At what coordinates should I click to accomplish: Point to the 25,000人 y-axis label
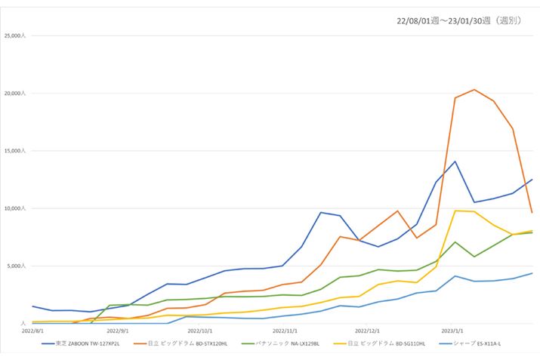click(16, 36)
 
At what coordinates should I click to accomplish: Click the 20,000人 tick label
click(16, 94)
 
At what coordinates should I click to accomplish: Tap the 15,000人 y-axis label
click(16, 151)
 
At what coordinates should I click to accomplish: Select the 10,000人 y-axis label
click(16, 208)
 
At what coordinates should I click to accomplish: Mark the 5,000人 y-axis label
click(17, 266)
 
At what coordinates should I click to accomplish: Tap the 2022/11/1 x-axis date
click(285, 330)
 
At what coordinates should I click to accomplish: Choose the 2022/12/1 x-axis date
click(368, 330)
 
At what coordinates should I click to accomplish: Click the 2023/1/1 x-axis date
click(452, 330)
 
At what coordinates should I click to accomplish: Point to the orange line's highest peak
click(474, 90)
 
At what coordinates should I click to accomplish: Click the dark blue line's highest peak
click(455, 162)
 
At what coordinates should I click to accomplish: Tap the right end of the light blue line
click(532, 273)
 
